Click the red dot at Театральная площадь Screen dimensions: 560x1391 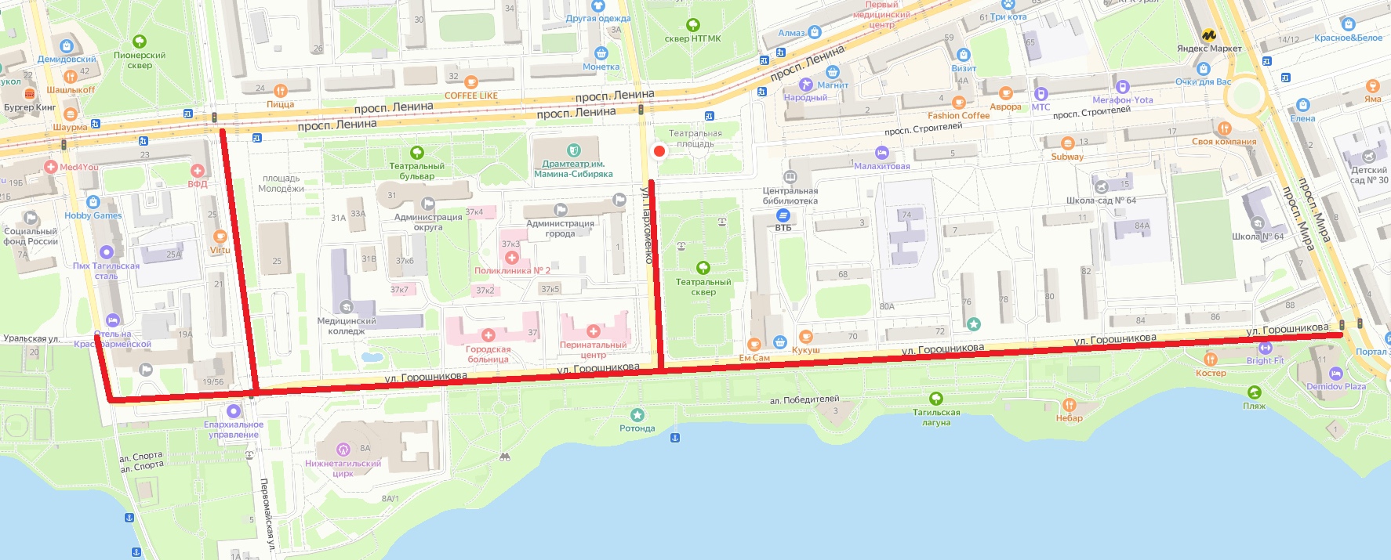(659, 151)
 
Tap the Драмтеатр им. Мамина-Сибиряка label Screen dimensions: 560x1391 (573, 169)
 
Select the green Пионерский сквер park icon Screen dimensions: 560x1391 (140, 42)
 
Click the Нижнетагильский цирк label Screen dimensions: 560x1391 (343, 468)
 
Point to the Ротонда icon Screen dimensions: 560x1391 (637, 415)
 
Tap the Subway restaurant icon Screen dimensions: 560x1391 (1067, 143)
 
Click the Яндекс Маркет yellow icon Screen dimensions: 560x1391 (1208, 35)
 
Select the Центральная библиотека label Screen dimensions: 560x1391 (790, 196)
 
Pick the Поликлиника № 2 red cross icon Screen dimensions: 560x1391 (511, 257)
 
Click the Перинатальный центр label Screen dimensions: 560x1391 (593, 349)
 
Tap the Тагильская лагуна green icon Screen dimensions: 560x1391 (935, 399)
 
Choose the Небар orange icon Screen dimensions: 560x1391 (1069, 405)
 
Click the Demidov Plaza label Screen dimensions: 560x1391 (1335, 386)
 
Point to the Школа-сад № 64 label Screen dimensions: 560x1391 (1101, 201)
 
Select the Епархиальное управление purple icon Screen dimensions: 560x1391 (233, 411)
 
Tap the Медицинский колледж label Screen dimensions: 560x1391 (346, 326)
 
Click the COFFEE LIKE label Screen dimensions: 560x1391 (470, 96)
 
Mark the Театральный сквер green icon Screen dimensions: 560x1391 (703, 268)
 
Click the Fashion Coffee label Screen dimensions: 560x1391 (958, 115)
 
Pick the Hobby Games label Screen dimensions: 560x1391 (93, 215)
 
